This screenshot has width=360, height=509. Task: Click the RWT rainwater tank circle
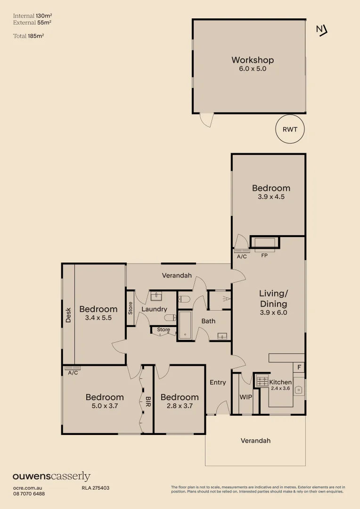[x=290, y=129]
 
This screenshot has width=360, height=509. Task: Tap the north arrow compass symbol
[x=322, y=31]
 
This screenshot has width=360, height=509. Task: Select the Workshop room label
[x=253, y=60]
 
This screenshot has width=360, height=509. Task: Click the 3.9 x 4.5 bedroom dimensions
[x=271, y=197]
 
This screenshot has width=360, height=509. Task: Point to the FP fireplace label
[x=264, y=255]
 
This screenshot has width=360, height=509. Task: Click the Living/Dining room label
[x=273, y=299]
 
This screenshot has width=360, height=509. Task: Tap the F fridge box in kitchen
[x=299, y=368]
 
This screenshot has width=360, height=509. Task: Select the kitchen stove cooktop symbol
[x=262, y=380]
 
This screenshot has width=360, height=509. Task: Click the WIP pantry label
[x=246, y=397]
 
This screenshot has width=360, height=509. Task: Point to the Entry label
[x=218, y=382]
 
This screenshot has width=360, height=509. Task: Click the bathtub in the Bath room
[x=185, y=326]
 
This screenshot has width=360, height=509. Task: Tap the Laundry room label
[x=154, y=309]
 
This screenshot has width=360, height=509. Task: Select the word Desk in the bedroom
[x=68, y=315]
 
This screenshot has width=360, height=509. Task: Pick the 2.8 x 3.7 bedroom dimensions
[x=179, y=406]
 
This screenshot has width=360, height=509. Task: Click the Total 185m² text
[x=29, y=36]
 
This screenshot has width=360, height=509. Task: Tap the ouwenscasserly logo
[x=52, y=476]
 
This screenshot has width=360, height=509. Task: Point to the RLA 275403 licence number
[x=96, y=488]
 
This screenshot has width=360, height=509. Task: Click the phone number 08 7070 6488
[x=29, y=494]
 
